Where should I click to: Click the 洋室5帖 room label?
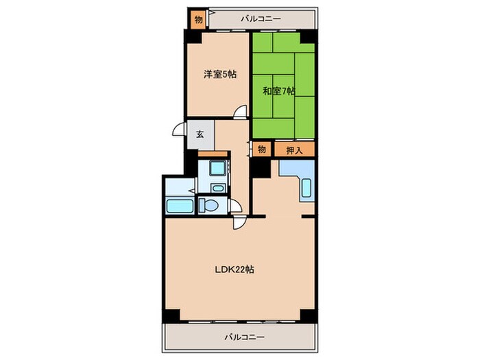coord(220,74)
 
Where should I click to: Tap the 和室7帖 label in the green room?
coord(279,91)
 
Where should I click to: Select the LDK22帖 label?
coord(235,269)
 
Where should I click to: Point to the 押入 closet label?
coord(294,150)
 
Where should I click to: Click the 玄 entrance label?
coord(200,134)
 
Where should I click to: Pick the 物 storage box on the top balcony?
coord(198,20)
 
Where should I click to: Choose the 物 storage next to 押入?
coord(261,149)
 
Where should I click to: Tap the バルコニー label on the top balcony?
coord(261,19)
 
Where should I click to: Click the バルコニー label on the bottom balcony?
coord(244,337)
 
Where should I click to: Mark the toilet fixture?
coord(208,205)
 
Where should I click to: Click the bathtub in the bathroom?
coord(180,206)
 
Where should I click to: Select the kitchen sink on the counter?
coord(306,188)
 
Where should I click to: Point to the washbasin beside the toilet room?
coord(217,188)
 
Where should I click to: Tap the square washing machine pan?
coord(217,168)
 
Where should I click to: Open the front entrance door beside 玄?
coord(180,129)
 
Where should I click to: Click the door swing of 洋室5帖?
coord(240,111)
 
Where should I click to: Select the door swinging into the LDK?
coord(239,223)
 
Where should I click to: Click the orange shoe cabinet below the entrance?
coord(213,154)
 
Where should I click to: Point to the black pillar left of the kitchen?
coord(260,168)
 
